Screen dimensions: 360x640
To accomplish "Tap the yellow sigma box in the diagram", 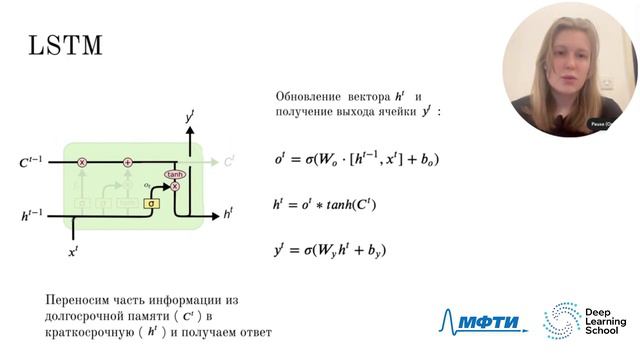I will pos(151,203).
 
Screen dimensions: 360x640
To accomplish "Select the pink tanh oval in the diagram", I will pos(174,174).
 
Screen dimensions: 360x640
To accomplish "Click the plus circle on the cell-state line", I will pos(128,161).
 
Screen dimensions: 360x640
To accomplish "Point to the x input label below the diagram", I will pos(73,253).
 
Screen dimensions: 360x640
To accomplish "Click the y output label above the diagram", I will pos(189,118).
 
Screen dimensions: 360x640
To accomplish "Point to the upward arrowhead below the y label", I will pos(189,131).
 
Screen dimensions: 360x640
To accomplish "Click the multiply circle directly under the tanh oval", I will pos(175,186).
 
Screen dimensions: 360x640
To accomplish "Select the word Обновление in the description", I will pos(305,96).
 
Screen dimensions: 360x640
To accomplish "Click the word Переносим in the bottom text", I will pos(79,300).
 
